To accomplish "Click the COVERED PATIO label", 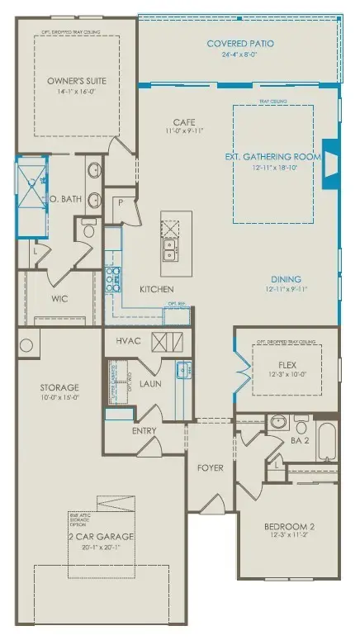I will click(x=240, y=44).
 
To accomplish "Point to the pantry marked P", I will click(x=120, y=201).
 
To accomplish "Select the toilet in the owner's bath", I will click(x=89, y=226).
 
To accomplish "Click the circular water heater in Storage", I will click(x=26, y=345).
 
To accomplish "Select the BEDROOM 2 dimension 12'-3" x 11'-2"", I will click(x=288, y=537).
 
